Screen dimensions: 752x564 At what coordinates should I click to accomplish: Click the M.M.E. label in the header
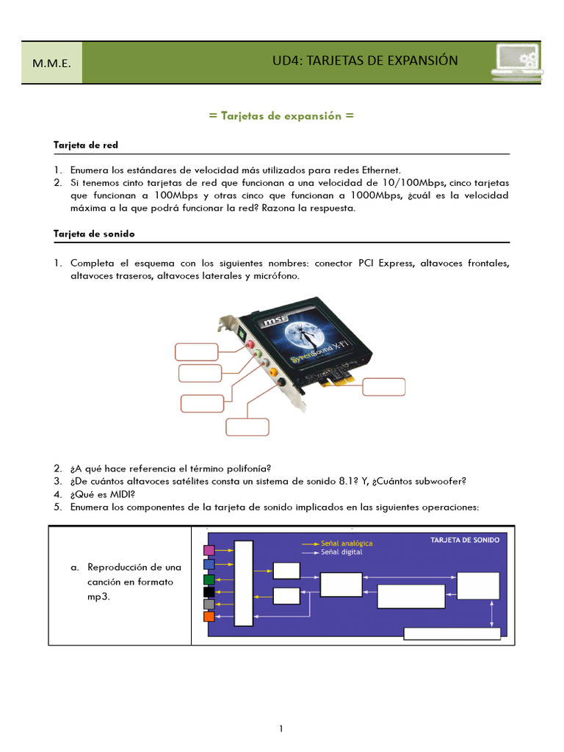tap(51, 63)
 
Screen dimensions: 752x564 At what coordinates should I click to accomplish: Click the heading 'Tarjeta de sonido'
tap(94, 234)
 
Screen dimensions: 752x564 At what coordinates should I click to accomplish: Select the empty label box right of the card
tap(384, 386)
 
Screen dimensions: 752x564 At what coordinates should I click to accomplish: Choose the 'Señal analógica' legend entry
tap(346, 543)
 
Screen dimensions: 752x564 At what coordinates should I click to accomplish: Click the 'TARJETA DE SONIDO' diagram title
tap(464, 540)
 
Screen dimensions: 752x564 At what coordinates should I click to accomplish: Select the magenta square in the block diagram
tap(209, 550)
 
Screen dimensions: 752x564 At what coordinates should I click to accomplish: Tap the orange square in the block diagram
tap(209, 616)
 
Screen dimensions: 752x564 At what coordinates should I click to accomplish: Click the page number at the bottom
tap(281, 729)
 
